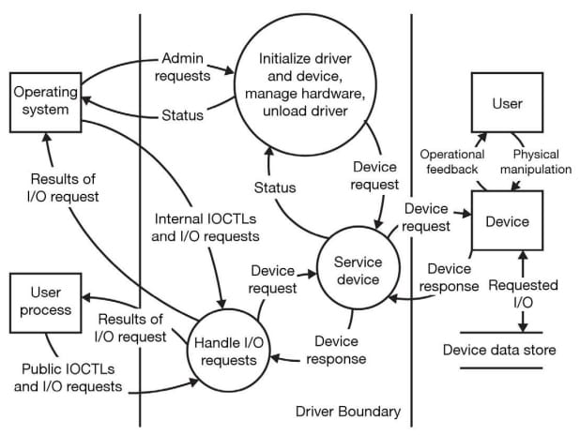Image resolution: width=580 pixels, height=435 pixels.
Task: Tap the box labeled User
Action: point(507,104)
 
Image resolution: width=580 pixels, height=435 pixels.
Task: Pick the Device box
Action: point(507,222)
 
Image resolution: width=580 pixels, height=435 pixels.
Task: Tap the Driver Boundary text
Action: point(347,411)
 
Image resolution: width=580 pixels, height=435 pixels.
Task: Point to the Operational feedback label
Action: point(451,161)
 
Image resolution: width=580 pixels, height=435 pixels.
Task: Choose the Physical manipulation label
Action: point(542,161)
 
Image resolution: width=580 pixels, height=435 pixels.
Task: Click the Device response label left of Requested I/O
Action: point(447,277)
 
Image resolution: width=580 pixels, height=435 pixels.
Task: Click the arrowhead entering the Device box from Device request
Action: point(466,213)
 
